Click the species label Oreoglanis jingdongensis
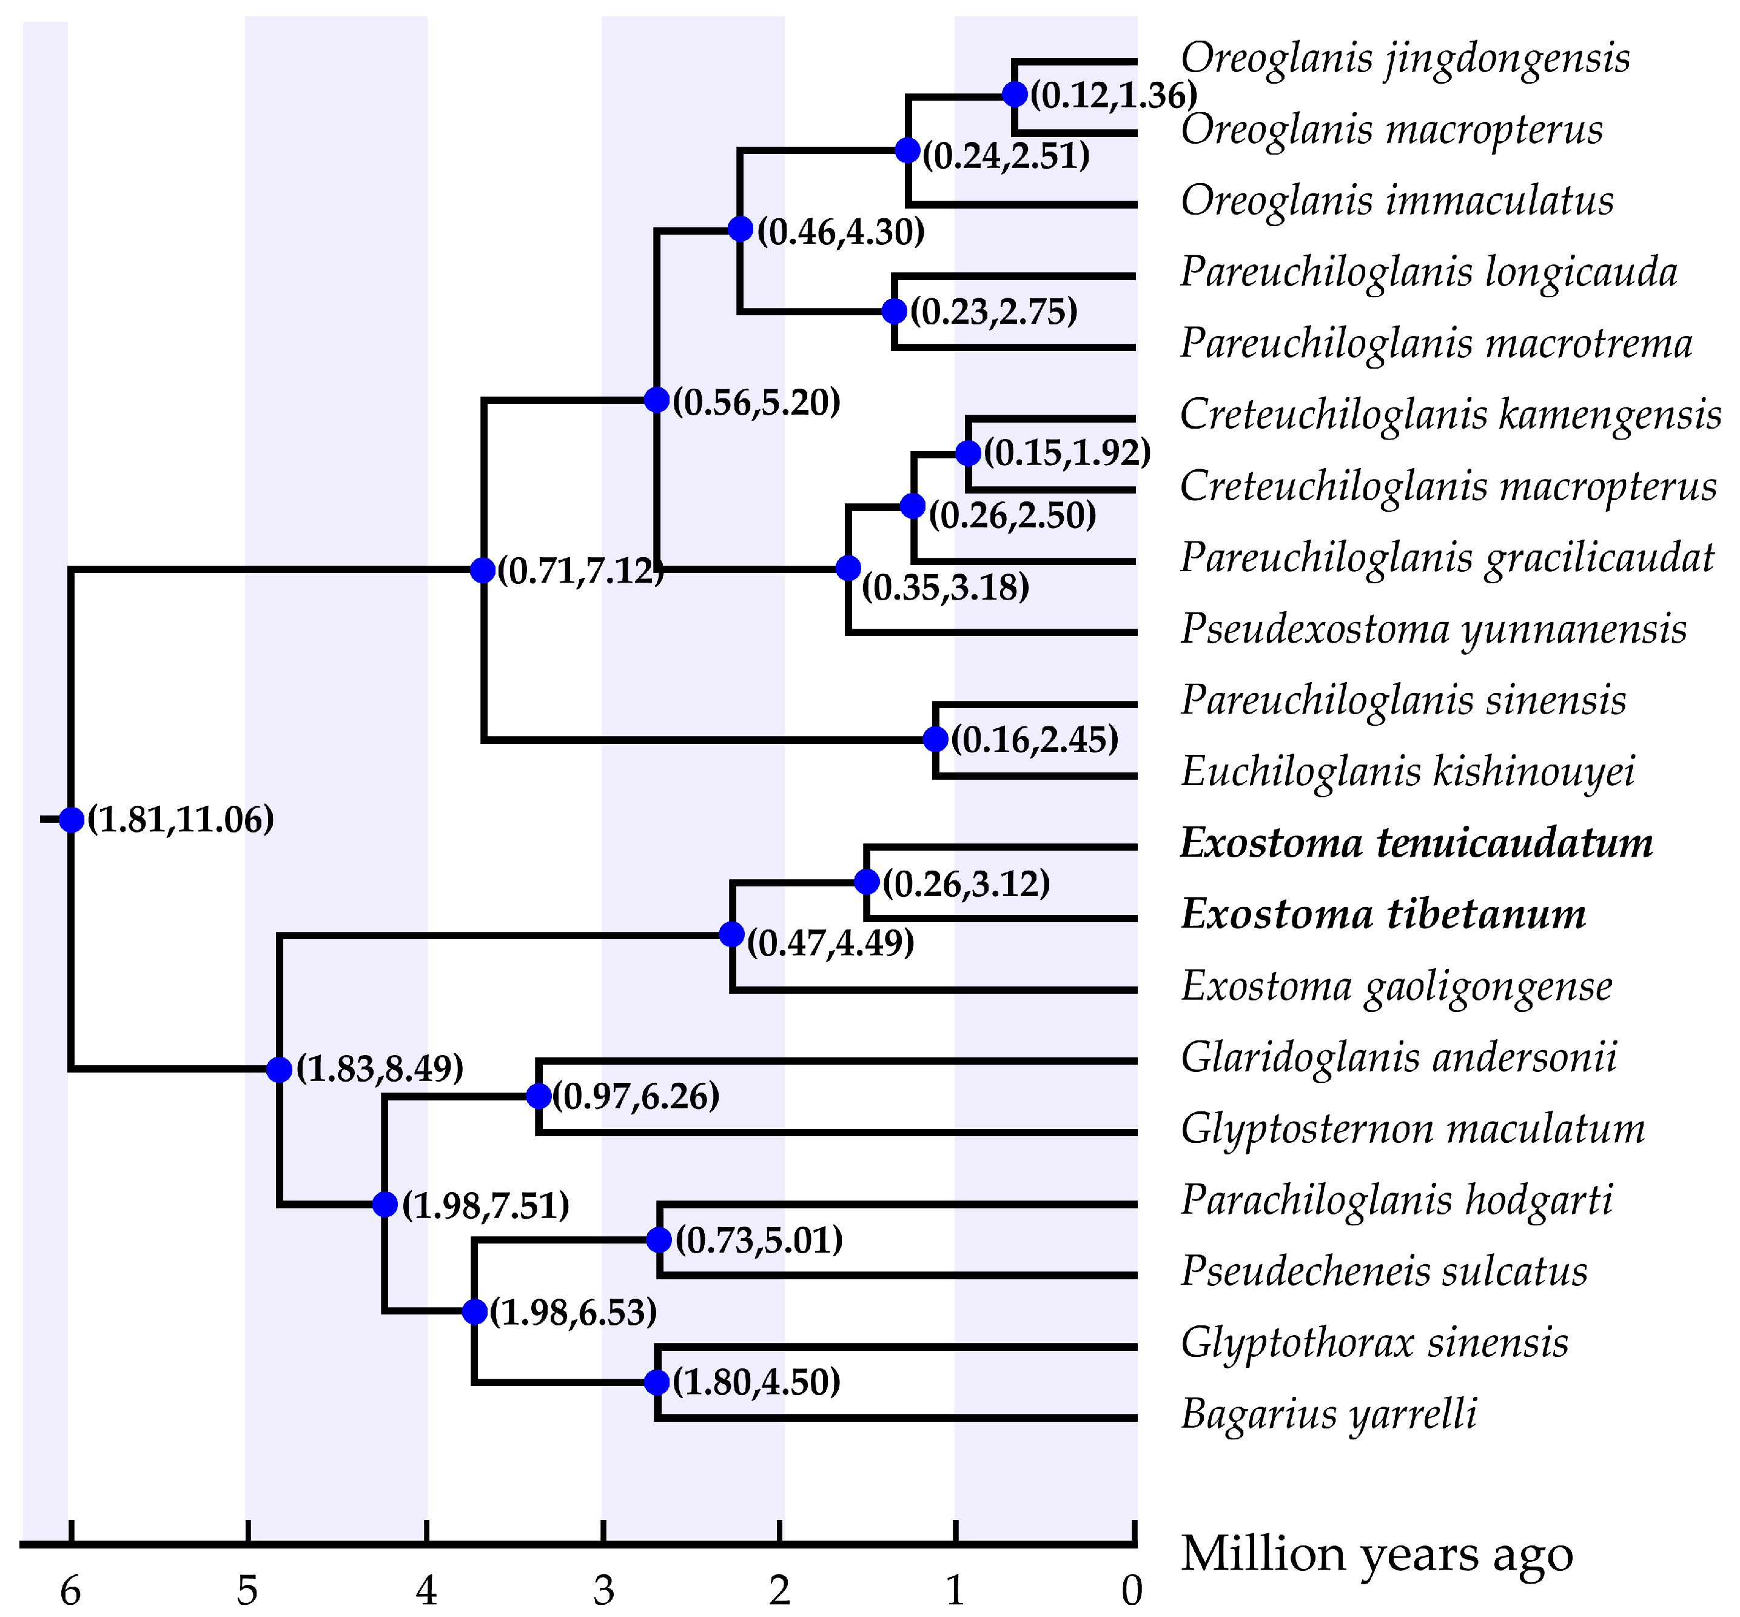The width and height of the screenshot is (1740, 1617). (x=1404, y=59)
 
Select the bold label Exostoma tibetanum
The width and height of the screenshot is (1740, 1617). (x=1382, y=916)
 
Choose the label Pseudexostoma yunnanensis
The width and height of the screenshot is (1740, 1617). (x=1433, y=630)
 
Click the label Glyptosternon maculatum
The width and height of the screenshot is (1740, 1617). (x=1412, y=1129)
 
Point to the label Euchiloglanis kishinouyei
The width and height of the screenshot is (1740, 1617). (x=1406, y=772)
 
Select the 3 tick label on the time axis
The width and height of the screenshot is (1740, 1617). (x=603, y=1590)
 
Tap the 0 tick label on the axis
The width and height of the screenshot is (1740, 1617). (x=1132, y=1590)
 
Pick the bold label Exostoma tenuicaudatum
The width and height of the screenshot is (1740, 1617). (x=1416, y=843)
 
